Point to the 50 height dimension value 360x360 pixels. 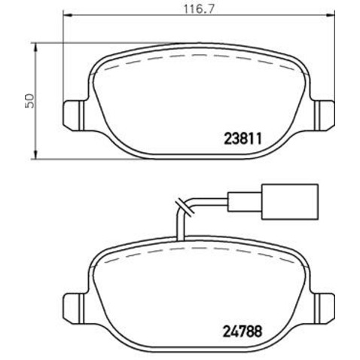[29, 100]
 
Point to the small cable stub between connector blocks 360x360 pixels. [255, 201]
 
